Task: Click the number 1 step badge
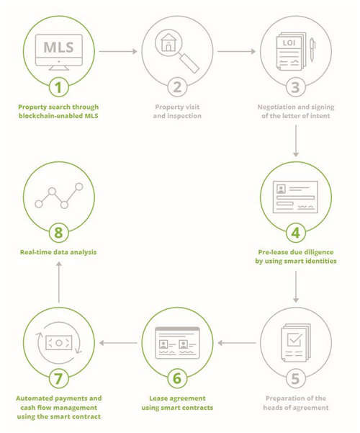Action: pos(58,87)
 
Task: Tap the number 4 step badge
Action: pos(296,233)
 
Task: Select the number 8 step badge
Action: pos(58,233)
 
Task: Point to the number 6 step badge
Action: pos(177,378)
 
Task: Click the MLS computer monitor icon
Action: pos(59,52)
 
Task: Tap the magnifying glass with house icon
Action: pos(177,52)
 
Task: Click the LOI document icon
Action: pos(292,51)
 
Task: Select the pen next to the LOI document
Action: pos(312,50)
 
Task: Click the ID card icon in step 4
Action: pos(295,197)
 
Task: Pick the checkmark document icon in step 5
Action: pos(296,343)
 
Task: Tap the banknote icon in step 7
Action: pos(59,343)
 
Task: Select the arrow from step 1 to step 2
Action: pos(118,51)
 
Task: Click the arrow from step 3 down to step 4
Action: pos(296,141)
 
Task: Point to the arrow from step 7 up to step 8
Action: pos(59,282)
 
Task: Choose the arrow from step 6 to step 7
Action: pos(118,343)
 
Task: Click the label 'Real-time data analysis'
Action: pos(58,252)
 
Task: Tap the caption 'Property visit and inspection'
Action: pos(177,111)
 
